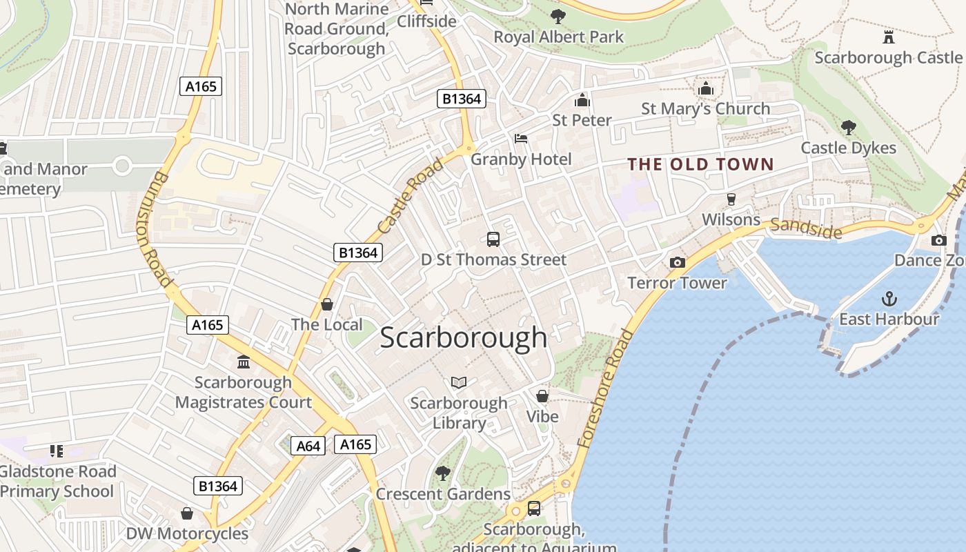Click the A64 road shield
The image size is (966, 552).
308,446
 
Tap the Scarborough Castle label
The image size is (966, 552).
888,57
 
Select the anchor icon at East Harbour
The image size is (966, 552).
889,299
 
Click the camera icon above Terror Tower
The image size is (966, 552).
678,262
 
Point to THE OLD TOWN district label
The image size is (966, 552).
700,164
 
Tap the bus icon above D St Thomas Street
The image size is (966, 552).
493,239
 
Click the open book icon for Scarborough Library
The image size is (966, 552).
459,382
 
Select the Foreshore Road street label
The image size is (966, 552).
607,389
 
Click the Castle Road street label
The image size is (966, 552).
411,195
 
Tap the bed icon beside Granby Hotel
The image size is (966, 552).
521,139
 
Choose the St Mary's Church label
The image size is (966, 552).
705,109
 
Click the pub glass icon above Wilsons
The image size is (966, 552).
731,199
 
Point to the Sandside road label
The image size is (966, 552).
806,228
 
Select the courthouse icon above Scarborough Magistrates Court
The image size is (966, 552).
243,362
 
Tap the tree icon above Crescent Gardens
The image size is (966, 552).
443,473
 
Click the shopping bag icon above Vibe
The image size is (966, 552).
542,396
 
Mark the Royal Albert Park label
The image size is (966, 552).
558,37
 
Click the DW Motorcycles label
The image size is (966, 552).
186,533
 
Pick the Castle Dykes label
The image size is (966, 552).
848,148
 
